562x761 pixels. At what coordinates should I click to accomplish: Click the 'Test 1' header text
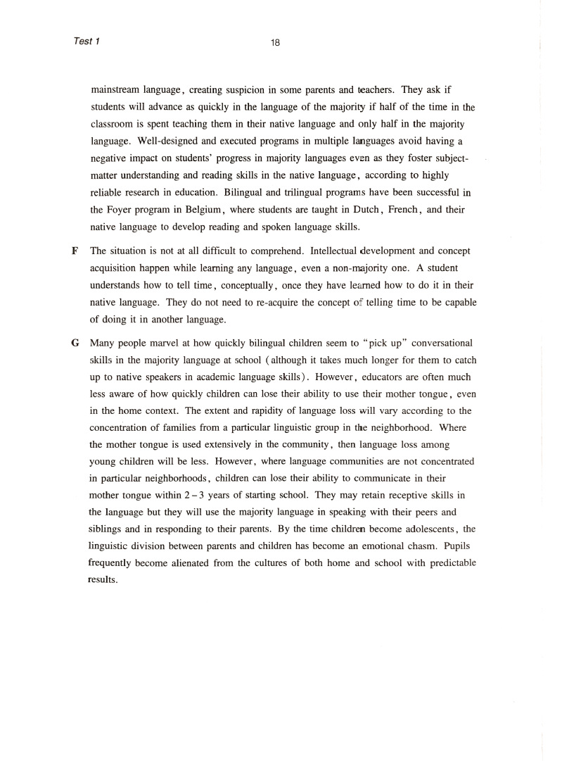click(87, 41)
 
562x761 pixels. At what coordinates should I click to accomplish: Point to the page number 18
click(276, 42)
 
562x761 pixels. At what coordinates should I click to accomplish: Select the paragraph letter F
click(74, 251)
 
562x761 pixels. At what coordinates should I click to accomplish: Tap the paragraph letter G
click(75, 344)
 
